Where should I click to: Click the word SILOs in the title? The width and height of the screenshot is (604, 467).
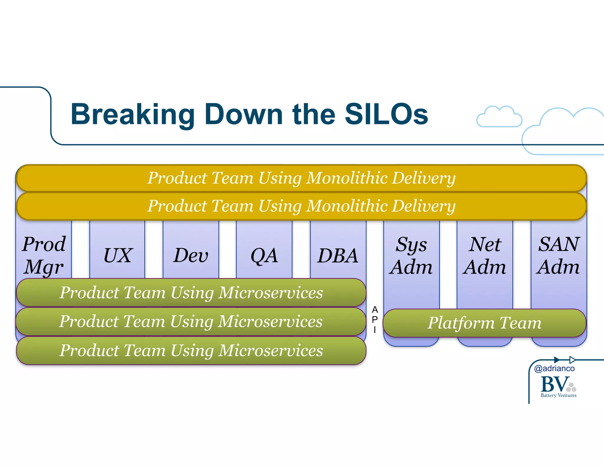coord(386,114)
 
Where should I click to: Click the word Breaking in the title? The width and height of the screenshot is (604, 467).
coord(132,115)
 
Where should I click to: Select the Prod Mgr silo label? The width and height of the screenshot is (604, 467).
coord(44,256)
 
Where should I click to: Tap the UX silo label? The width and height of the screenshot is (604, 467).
coord(117,255)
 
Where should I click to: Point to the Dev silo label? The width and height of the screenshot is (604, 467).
coord(191,255)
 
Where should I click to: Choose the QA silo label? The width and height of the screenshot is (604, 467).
coord(264,256)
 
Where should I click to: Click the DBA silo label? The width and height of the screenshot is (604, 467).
coord(338,256)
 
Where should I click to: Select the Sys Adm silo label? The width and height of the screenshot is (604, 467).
coord(411,256)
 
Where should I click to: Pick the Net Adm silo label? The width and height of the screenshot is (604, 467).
coord(485,256)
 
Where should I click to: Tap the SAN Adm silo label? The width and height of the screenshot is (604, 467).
coord(559,256)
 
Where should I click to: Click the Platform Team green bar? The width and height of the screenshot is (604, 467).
coord(484,323)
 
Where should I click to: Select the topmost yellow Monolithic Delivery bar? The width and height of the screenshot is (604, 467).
coord(301,178)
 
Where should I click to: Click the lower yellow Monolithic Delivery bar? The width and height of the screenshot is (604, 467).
coord(301,206)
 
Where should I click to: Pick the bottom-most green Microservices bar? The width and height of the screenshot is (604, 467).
coord(191,350)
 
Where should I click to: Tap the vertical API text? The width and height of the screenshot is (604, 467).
coord(375,320)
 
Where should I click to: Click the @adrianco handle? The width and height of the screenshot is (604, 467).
coord(554,368)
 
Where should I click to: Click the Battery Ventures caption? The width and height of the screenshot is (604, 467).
coord(558,395)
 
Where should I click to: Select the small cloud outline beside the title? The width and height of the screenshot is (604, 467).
coord(499,117)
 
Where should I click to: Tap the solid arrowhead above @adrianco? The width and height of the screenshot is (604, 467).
coord(557,360)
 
